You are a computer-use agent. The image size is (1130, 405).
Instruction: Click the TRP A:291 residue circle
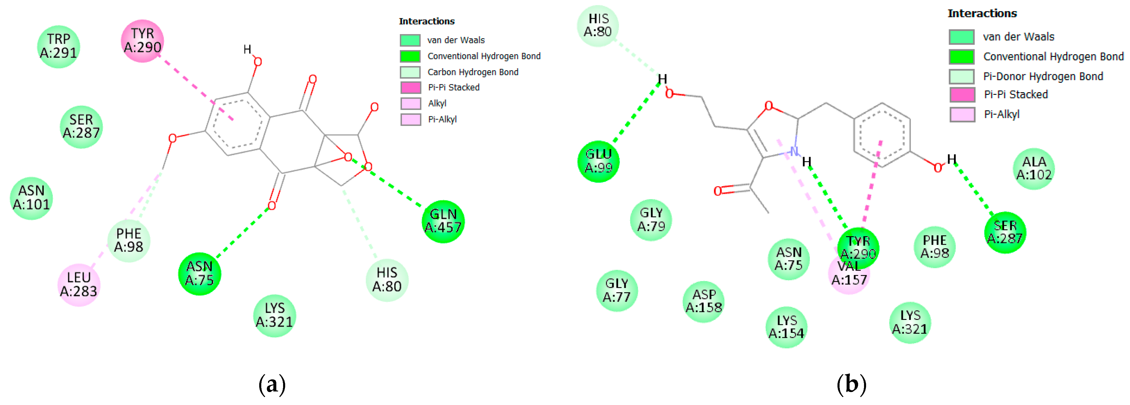pyautogui.click(x=58, y=47)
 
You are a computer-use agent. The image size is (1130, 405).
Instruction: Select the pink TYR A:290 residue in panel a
pyautogui.click(x=142, y=41)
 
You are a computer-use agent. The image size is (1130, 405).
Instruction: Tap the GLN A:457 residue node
pyautogui.click(x=443, y=221)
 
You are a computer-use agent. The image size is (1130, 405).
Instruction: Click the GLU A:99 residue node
pyautogui.click(x=598, y=161)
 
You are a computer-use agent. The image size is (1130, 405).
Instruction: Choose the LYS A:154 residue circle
pyautogui.click(x=786, y=327)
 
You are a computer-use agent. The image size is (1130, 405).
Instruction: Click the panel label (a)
pyautogui.click(x=272, y=384)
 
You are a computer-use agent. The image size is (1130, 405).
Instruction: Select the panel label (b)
pyautogui.click(x=851, y=384)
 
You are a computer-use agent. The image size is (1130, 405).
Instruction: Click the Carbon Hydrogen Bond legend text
pyautogui.click(x=473, y=72)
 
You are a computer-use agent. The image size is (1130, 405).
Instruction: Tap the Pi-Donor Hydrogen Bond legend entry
pyautogui.click(x=1043, y=76)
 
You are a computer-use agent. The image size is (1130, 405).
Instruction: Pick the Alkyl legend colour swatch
pyautogui.click(x=410, y=103)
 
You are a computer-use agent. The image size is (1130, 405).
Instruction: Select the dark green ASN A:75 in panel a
pyautogui.click(x=200, y=274)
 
